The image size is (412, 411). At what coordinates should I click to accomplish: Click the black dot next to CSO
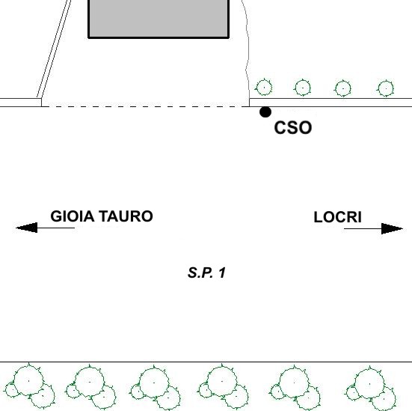click(265, 112)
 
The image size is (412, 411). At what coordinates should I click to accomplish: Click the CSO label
click(292, 127)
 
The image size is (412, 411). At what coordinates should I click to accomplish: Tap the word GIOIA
click(73, 216)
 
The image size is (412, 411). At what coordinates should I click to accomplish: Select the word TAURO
click(126, 216)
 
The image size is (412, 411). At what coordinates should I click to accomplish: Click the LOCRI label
click(338, 217)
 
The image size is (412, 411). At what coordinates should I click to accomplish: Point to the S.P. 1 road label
click(206, 273)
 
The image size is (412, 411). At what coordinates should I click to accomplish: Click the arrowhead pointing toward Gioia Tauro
click(26, 228)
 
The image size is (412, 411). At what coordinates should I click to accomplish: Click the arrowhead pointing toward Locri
click(392, 228)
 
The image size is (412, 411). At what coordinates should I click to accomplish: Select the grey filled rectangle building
click(159, 19)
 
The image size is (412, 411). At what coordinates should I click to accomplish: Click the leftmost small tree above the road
click(264, 88)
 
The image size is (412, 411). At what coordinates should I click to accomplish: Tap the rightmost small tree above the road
click(386, 88)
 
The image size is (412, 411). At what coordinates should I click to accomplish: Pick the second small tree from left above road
click(303, 88)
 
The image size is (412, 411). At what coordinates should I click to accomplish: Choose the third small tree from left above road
click(343, 88)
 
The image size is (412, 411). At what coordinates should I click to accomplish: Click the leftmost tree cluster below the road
click(30, 386)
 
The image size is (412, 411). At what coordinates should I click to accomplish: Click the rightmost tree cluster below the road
click(371, 388)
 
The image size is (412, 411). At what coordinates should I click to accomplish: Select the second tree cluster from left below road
click(91, 387)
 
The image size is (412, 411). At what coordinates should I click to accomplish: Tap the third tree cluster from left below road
click(155, 388)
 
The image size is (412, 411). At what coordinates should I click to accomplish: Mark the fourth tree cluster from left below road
click(224, 387)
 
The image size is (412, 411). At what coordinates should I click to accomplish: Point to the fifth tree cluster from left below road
click(295, 388)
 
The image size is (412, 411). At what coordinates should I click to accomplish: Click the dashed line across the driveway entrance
click(145, 106)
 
